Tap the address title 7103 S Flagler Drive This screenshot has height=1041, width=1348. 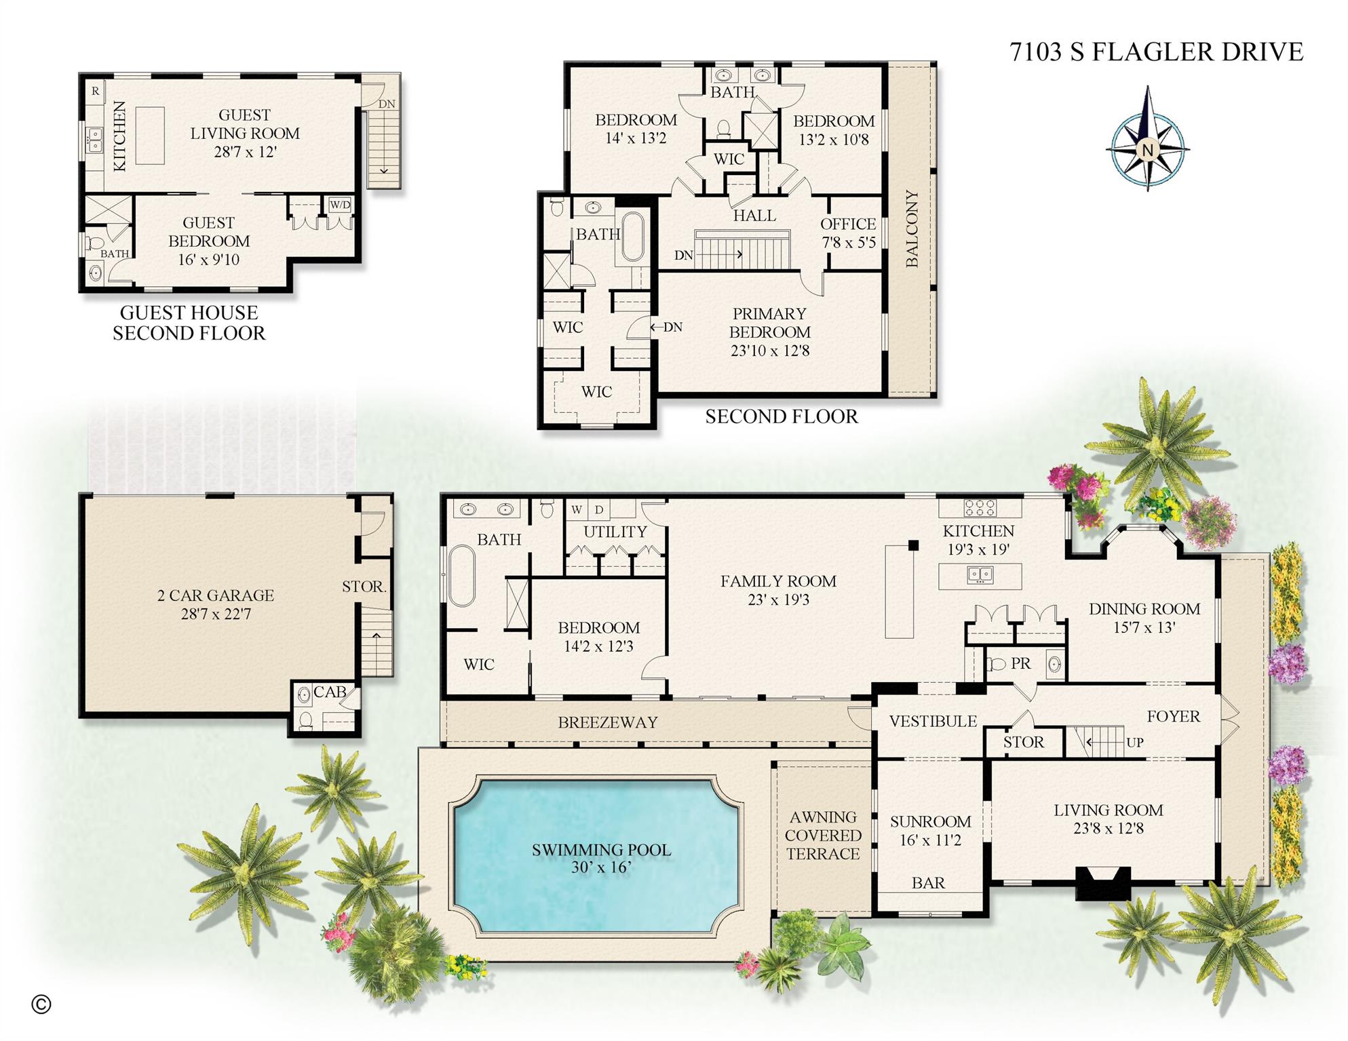click(1156, 52)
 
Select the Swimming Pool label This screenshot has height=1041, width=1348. click(601, 858)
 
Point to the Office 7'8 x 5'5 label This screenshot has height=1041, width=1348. click(848, 233)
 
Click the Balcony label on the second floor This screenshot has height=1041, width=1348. click(912, 229)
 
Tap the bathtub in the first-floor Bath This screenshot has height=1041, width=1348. click(461, 576)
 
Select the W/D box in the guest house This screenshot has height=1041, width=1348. click(340, 205)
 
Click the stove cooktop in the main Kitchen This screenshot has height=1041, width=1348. click(980, 507)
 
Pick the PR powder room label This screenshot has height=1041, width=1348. click(1020, 663)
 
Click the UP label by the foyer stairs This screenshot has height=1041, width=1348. click(1134, 742)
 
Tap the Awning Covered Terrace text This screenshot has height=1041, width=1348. click(823, 835)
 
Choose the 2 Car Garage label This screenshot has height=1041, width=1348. click(216, 604)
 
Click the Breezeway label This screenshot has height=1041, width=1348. click(607, 722)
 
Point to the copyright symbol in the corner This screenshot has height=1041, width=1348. click(41, 1004)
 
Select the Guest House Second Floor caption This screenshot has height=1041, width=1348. click(189, 323)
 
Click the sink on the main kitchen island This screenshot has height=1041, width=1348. click(980, 575)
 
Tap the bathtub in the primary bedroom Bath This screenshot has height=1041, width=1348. click(632, 237)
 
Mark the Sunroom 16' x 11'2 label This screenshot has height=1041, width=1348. click(930, 830)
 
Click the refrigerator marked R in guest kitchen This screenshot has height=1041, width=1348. click(95, 91)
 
